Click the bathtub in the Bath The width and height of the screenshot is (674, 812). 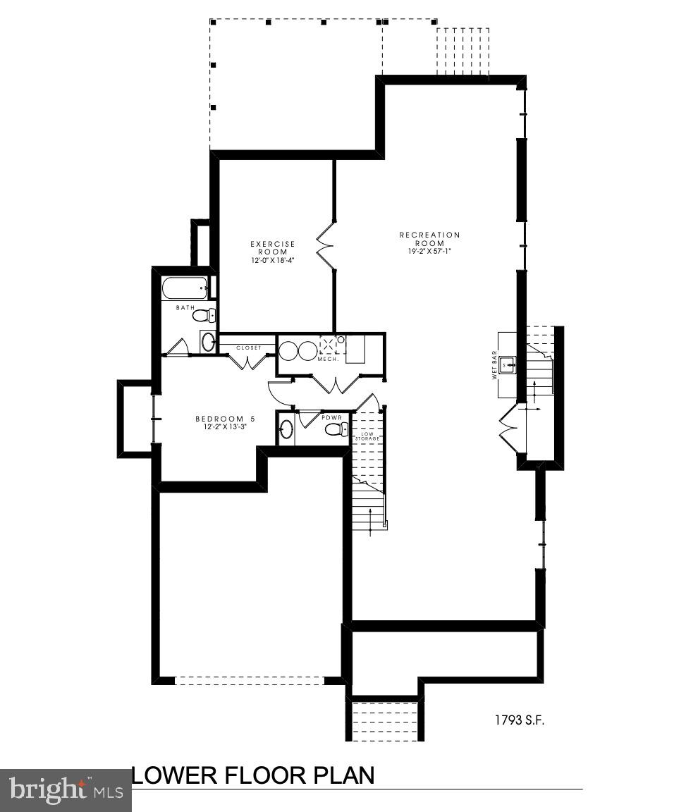coord(184,288)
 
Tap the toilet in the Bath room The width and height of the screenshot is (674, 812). coord(204,315)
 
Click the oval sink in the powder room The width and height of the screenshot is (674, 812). coord(286,429)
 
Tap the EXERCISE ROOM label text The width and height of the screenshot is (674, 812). coord(273,247)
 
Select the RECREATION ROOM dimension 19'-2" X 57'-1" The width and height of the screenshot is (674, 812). coord(429,252)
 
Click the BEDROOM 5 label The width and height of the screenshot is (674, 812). coord(225,419)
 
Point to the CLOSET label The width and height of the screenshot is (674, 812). coord(248,347)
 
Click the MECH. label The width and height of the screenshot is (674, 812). coord(329,359)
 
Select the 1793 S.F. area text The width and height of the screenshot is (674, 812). coord(520,720)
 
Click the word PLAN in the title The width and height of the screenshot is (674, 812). coord(344,776)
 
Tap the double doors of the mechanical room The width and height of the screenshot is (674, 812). coord(331,385)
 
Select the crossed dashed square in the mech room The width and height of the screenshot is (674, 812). coord(329,345)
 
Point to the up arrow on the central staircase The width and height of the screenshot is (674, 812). coord(372,519)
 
